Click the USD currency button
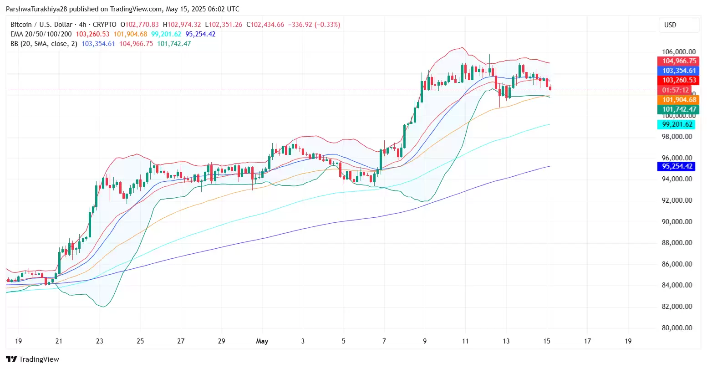tap(670, 25)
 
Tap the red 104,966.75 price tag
tap(679, 61)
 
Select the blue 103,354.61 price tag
tap(679, 71)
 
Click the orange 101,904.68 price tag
tap(679, 100)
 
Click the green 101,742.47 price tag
tap(679, 109)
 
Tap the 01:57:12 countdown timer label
tap(676, 90)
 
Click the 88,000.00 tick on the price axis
tap(677, 243)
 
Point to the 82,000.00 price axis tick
tap(677, 307)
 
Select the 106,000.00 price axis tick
tap(678, 52)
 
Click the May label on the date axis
tap(262, 341)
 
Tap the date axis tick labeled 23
tap(100, 341)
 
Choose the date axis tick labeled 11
tap(465, 341)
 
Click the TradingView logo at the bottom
tap(33, 359)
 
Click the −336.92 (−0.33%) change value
tap(314, 25)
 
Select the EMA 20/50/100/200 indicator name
tap(41, 34)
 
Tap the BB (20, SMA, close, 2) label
tap(44, 44)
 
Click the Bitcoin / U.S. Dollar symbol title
tap(41, 25)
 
